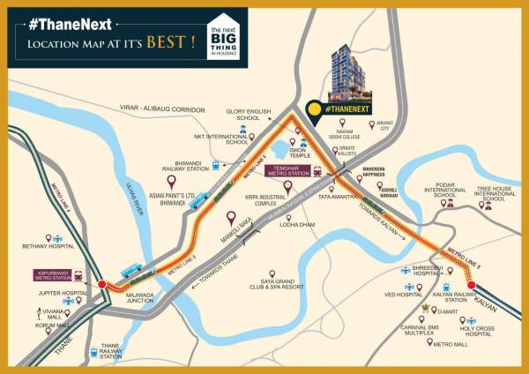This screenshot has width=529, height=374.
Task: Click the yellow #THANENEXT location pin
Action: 314,108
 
